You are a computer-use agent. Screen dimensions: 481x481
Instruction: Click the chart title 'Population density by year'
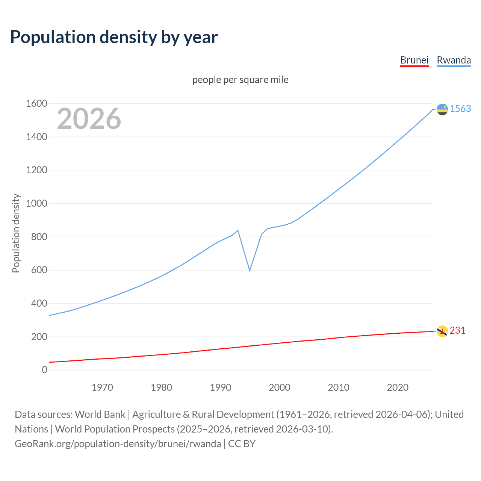pyautogui.click(x=114, y=37)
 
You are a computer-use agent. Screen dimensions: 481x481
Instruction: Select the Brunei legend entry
pyautogui.click(x=414, y=61)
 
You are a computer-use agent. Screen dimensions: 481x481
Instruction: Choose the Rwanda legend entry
pyautogui.click(x=454, y=61)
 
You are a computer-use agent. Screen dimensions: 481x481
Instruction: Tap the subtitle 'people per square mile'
pyautogui.click(x=240, y=80)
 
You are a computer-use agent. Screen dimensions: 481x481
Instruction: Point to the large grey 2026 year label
pyautogui.click(x=89, y=119)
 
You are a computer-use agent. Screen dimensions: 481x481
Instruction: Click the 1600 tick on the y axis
pyautogui.click(x=36, y=103)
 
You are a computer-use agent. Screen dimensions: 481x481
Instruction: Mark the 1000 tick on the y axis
pyautogui.click(x=36, y=203)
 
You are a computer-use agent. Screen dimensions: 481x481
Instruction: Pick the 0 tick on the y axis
pyautogui.click(x=44, y=370)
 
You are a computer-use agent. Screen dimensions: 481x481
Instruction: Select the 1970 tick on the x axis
pyautogui.click(x=102, y=387)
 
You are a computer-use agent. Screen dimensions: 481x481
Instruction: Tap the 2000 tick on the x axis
pyautogui.click(x=280, y=387)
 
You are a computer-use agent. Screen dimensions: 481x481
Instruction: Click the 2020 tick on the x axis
pyautogui.click(x=398, y=387)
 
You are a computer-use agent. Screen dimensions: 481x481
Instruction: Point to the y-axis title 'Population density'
pyautogui.click(x=16, y=233)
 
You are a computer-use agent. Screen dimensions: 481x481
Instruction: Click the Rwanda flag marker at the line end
pyautogui.click(x=442, y=109)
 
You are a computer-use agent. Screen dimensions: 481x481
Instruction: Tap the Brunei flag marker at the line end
pyautogui.click(x=442, y=331)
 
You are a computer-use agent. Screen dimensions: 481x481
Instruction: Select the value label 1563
pyautogui.click(x=460, y=109)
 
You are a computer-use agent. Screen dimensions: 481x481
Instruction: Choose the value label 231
pyautogui.click(x=457, y=330)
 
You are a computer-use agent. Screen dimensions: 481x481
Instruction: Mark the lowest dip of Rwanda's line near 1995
pyautogui.click(x=250, y=270)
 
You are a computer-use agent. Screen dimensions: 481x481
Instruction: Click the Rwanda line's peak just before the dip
pyautogui.click(x=238, y=230)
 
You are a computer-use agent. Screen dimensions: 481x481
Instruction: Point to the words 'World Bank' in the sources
pyautogui.click(x=100, y=414)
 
